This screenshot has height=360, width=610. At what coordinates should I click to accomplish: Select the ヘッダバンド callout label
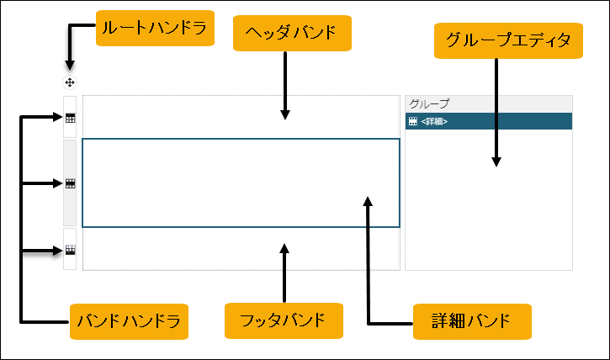pyautogui.click(x=290, y=34)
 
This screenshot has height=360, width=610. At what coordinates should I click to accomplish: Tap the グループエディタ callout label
pyautogui.click(x=508, y=40)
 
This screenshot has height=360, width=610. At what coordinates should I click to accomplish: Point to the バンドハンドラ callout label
pyautogui.click(x=127, y=320)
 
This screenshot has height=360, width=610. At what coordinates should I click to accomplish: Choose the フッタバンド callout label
pyautogui.click(x=284, y=320)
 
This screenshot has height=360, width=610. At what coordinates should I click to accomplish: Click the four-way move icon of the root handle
pyautogui.click(x=70, y=82)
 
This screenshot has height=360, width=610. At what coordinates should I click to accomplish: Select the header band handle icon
pyautogui.click(x=71, y=119)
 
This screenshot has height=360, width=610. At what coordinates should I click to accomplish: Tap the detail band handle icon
pyautogui.click(x=71, y=183)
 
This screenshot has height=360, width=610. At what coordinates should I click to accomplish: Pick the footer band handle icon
pyautogui.click(x=71, y=250)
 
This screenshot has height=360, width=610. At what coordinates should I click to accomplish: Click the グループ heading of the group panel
pyautogui.click(x=429, y=103)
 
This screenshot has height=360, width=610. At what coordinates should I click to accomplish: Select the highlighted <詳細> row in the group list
pyautogui.click(x=488, y=121)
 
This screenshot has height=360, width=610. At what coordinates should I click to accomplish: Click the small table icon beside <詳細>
pyautogui.click(x=412, y=121)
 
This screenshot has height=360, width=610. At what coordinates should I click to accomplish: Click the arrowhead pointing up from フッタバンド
pyautogui.click(x=284, y=248)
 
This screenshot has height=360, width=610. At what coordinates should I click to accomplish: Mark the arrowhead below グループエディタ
pyautogui.click(x=496, y=161)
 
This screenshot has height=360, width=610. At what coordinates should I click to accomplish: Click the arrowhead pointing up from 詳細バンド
pyautogui.click(x=368, y=200)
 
